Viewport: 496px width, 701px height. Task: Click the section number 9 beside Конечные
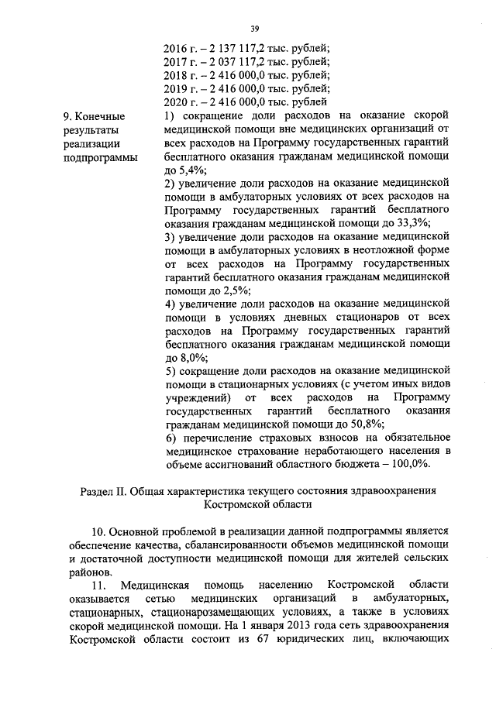(x=66, y=116)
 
